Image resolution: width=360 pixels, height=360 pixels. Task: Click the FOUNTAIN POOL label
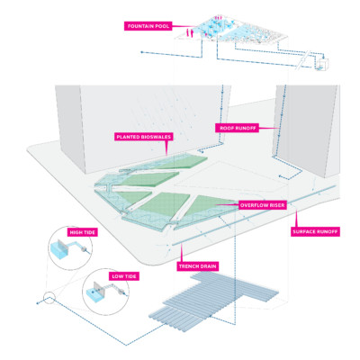pyautogui.click(x=148, y=26)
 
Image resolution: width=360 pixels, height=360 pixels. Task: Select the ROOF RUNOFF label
pyautogui.click(x=237, y=128)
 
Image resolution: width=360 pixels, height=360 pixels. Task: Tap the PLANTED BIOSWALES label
pyautogui.click(x=144, y=137)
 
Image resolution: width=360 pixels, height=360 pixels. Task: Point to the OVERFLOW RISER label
pyautogui.click(x=262, y=205)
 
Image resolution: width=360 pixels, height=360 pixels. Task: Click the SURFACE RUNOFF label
pyautogui.click(x=315, y=231)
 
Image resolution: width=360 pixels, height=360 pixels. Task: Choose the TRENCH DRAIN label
pyautogui.click(x=197, y=266)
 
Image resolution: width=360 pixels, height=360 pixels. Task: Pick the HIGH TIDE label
pyautogui.click(x=82, y=232)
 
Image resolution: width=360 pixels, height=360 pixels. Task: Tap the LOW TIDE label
pyautogui.click(x=124, y=276)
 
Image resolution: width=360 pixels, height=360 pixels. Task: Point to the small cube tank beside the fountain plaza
pyautogui.click(x=323, y=64)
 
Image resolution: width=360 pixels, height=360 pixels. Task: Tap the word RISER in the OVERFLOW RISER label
pyautogui.click(x=275, y=205)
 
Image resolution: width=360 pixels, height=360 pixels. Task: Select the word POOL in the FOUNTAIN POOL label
pyautogui.click(x=162, y=26)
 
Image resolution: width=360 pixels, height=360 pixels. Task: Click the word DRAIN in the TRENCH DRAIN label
pyautogui.click(x=207, y=266)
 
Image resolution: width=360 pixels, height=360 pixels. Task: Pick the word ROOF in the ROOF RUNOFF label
pyautogui.click(x=226, y=128)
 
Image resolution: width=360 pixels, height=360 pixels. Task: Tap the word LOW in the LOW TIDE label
pyautogui.click(x=117, y=276)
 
